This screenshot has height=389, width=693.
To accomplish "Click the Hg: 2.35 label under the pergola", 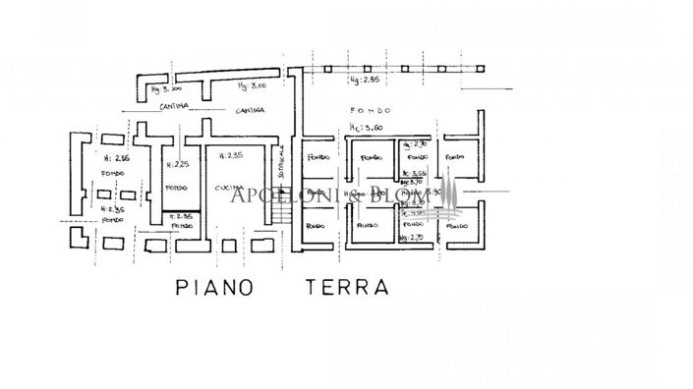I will coord(364,82).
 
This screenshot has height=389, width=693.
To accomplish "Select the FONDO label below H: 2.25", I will coord(177,188).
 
